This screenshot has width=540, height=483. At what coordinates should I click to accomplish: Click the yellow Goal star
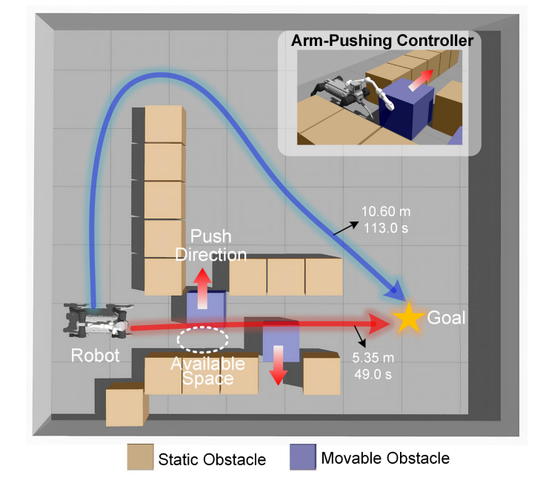[x=407, y=317]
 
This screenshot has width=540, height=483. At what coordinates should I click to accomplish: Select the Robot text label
[x=95, y=355]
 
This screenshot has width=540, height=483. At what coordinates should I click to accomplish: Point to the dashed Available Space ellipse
[x=203, y=339]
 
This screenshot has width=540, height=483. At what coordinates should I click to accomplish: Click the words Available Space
[x=207, y=371]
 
